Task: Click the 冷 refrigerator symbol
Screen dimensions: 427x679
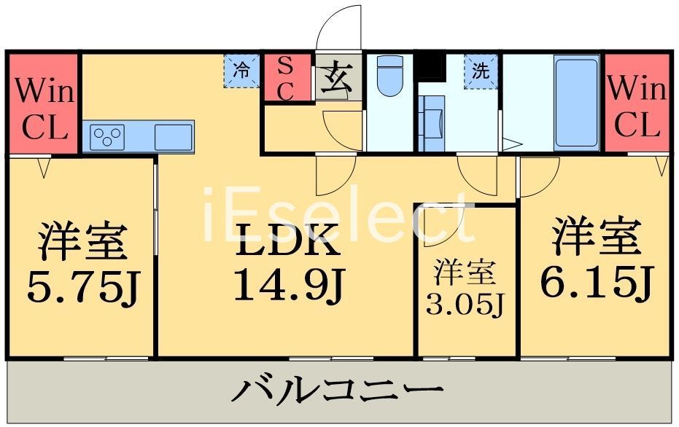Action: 241,71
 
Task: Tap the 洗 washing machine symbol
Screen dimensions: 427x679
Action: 481,71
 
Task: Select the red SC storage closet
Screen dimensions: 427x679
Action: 286,78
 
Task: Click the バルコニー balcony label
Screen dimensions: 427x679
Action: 337,392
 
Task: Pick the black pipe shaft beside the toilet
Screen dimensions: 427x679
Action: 430,66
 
